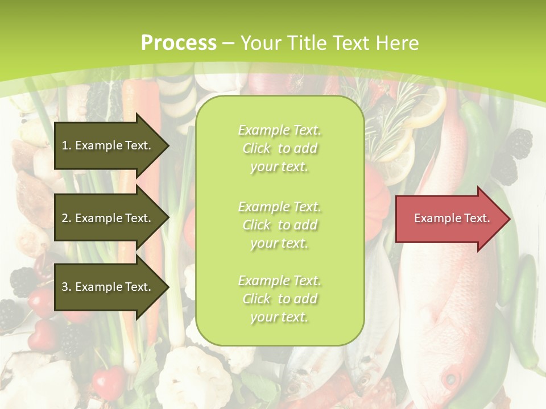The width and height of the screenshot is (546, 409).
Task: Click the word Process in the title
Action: pyautogui.click(x=179, y=43)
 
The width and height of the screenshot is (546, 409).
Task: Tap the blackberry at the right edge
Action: pyautogui.click(x=519, y=144)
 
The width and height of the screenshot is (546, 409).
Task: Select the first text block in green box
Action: pyautogui.click(x=279, y=148)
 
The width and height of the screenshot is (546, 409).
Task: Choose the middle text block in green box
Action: pyautogui.click(x=279, y=224)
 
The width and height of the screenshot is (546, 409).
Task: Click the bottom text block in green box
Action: pyautogui.click(x=279, y=299)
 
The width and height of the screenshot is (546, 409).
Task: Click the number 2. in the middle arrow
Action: pyautogui.click(x=67, y=218)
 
